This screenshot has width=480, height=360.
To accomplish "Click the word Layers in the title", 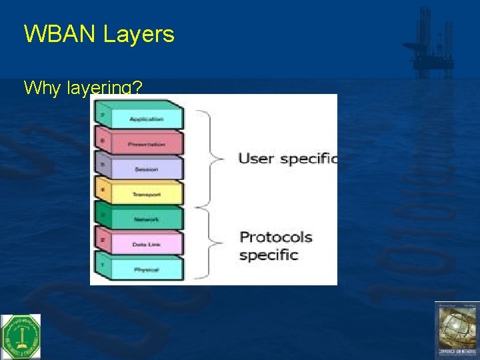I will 139,34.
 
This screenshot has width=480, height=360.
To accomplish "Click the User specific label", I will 287,159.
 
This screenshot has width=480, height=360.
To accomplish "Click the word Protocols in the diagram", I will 275,237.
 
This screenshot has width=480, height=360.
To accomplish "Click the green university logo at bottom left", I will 21,337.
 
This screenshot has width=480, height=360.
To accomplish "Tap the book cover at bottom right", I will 457,330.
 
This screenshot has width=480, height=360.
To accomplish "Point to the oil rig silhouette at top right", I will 431,43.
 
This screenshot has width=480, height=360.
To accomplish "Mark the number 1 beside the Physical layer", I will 102,265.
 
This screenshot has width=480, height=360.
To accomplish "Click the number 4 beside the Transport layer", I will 102,190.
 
